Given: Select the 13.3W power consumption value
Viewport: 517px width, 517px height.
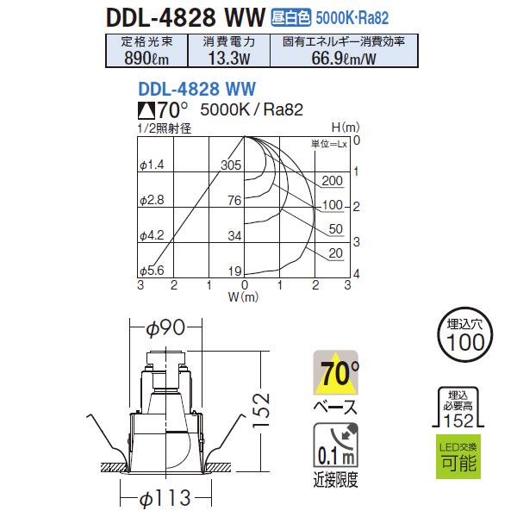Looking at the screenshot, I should pos(227,58).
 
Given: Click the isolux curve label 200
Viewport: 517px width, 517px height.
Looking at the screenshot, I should pos(333,181).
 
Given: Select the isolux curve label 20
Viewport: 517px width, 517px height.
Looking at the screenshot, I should pos(337,253).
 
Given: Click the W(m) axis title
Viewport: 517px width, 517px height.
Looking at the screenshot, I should pos(243,297).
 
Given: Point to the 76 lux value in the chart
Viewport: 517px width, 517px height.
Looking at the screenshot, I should pos(233,201).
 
